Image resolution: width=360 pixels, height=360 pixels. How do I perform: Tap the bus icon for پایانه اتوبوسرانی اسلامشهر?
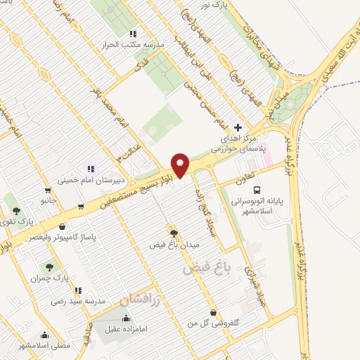tap(258, 189)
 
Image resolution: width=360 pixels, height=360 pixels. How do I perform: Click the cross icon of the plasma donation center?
tap(238, 127)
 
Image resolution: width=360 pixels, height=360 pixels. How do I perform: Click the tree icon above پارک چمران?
tap(49, 267)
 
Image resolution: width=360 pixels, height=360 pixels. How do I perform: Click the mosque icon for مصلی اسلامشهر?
tap(45, 335)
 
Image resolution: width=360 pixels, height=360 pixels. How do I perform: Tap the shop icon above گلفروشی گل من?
tap(214, 311)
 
